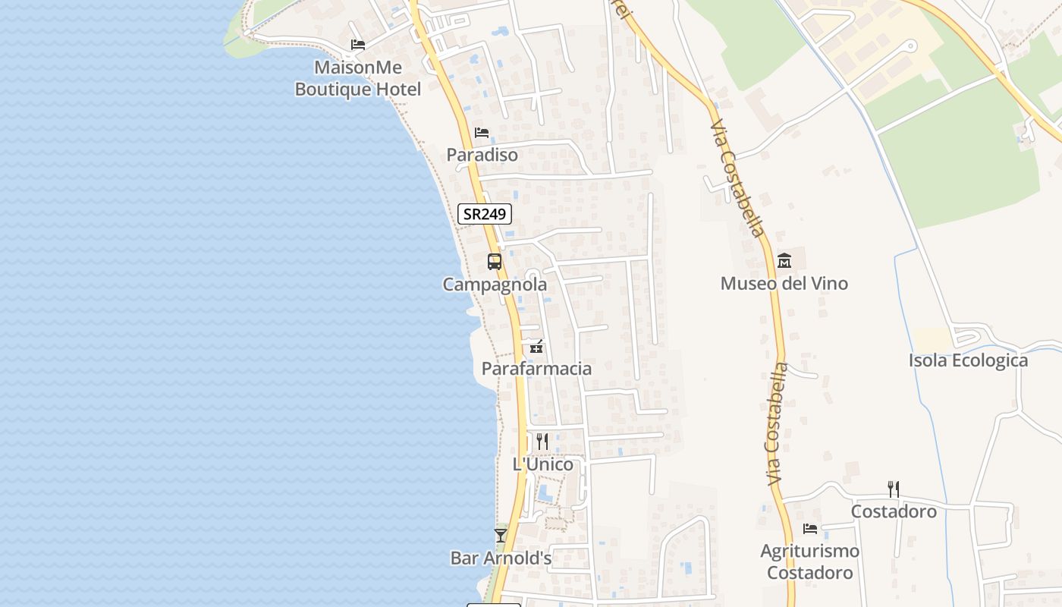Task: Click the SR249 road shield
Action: click(485, 214)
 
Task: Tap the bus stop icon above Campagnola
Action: click(495, 262)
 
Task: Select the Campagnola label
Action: click(495, 285)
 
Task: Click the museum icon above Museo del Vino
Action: click(784, 260)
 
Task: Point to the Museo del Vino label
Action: click(784, 284)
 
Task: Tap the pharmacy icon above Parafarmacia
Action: click(536, 347)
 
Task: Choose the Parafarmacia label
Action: click(536, 369)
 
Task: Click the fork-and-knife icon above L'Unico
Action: click(542, 441)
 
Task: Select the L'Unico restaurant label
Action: click(543, 464)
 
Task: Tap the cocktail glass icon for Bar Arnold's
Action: click(501, 535)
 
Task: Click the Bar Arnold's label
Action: click(501, 558)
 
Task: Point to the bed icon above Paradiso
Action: click(482, 133)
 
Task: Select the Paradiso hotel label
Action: click(482, 155)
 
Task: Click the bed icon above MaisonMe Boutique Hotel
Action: click(358, 45)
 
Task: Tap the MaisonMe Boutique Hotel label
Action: click(357, 78)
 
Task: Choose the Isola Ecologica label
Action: click(968, 360)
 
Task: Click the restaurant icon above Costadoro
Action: click(894, 489)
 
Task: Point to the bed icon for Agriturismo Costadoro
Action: click(810, 528)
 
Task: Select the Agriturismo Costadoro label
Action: click(810, 561)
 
